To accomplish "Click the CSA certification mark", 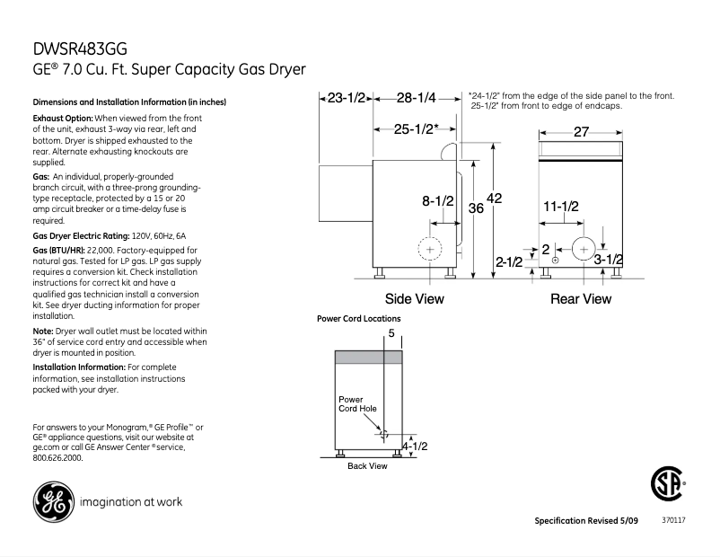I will click(x=665, y=485).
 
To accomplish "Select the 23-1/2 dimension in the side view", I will click(x=346, y=97).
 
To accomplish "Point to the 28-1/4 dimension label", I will click(x=417, y=97).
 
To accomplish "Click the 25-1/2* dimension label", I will click(x=417, y=128).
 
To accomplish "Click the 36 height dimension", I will click(x=476, y=208).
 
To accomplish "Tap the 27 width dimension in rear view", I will click(x=581, y=132).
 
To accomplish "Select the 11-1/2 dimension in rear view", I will click(x=561, y=207).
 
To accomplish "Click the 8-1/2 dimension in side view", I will click(x=438, y=201).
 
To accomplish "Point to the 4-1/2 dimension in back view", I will click(x=414, y=446).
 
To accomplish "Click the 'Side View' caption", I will click(x=414, y=299).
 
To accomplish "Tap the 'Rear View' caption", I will click(x=580, y=299).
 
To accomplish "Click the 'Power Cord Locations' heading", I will click(x=358, y=319).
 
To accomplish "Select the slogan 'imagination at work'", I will click(x=131, y=502).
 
